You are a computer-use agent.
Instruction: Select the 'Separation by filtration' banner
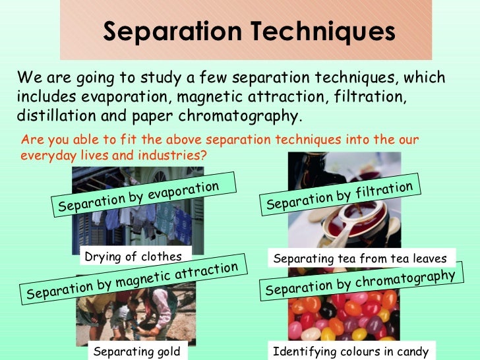[x=340, y=196]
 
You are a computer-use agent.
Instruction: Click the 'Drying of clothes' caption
[x=131, y=256]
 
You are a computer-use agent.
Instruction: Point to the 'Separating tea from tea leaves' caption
[x=360, y=258]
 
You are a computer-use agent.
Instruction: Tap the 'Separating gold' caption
[x=136, y=351]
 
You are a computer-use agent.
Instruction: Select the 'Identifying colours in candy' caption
[x=351, y=351]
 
